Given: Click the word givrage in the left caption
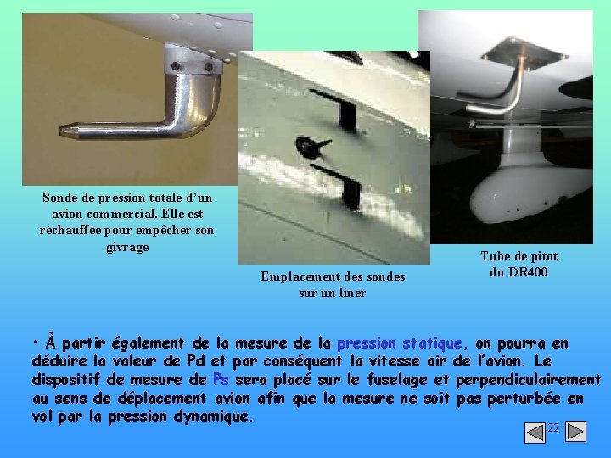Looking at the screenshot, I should (127, 247).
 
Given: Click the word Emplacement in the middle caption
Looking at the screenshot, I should (298, 276).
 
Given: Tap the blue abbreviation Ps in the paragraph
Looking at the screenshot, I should (221, 379).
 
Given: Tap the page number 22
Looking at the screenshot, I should (553, 428).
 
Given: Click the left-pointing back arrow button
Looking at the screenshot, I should (535, 433).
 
